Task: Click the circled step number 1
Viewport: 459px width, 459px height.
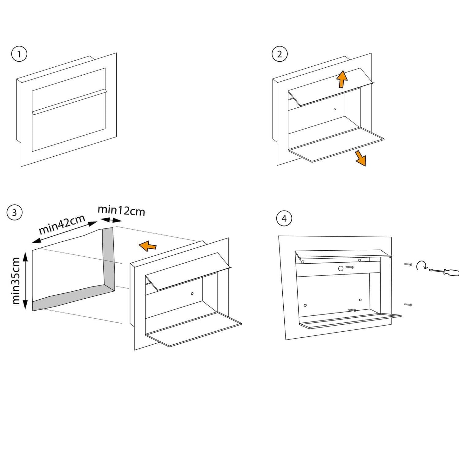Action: click(x=19, y=54)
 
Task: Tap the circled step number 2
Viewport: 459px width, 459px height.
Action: click(x=280, y=54)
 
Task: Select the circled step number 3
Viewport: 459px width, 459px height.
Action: click(x=14, y=212)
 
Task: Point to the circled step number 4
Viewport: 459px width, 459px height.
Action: click(x=284, y=219)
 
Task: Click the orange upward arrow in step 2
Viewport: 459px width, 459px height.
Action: click(x=342, y=79)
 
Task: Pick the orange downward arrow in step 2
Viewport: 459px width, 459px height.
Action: click(x=361, y=158)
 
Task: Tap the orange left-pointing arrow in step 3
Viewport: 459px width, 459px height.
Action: click(x=148, y=246)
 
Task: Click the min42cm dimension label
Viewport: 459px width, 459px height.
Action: click(x=62, y=224)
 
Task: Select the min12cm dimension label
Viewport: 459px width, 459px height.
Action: click(x=121, y=210)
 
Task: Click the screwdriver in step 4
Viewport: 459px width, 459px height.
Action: click(x=445, y=272)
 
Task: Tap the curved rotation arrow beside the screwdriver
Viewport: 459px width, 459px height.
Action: click(x=422, y=266)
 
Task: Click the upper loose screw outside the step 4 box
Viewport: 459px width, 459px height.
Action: click(x=408, y=264)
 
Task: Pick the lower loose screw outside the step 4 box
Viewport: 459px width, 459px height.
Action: click(x=408, y=305)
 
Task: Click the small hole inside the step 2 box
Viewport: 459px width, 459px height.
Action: click(x=335, y=109)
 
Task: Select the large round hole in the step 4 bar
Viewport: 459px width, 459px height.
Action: click(x=341, y=269)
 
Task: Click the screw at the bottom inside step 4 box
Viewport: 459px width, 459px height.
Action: click(x=352, y=310)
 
